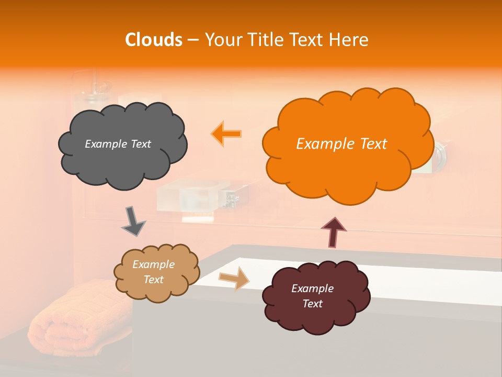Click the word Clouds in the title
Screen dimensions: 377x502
pyautogui.click(x=153, y=40)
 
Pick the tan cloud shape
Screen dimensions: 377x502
pyautogui.click(x=156, y=272)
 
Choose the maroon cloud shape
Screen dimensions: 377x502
pyautogui.click(x=316, y=296)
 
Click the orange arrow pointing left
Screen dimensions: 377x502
pyautogui.click(x=227, y=134)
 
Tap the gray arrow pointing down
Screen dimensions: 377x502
pyautogui.click(x=133, y=220)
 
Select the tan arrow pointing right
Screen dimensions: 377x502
pyautogui.click(x=235, y=278)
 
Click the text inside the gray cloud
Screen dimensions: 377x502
pyautogui.click(x=118, y=144)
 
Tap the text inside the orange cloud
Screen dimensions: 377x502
pyautogui.click(x=341, y=144)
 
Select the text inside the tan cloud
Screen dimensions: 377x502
pyautogui.click(x=154, y=272)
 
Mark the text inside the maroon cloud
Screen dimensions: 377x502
pyautogui.click(x=312, y=296)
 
